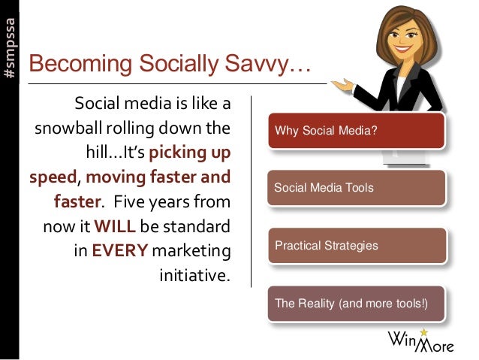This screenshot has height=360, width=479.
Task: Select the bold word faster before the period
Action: (x=77, y=201)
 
